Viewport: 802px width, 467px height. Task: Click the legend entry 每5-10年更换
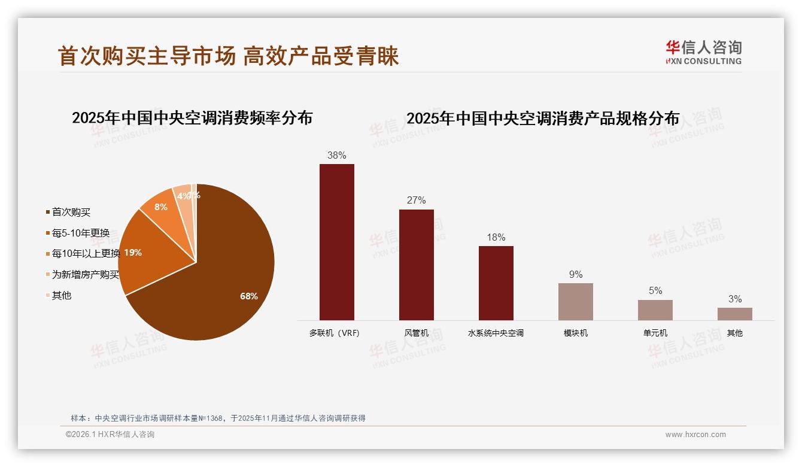coord(81,233)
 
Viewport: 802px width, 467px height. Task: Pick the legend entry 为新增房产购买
coord(85,275)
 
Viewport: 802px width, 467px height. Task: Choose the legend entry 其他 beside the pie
coord(62,295)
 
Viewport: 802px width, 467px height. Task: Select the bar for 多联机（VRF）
coord(336,242)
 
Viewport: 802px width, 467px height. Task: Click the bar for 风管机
coord(416,265)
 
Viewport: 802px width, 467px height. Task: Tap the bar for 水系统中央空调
coord(496,283)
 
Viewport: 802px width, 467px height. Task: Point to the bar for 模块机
coord(575,301)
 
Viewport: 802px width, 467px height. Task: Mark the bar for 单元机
coord(655,310)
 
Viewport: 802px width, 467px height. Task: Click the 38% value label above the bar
coord(336,155)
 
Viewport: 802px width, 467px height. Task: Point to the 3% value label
coord(734,299)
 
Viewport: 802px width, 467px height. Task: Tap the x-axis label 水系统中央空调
coord(496,333)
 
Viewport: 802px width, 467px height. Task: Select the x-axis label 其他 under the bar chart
coord(734,333)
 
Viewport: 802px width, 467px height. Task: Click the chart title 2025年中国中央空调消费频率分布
coord(192,118)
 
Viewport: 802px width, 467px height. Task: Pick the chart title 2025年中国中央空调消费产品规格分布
coord(543,119)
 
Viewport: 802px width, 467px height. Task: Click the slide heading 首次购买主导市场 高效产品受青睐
coord(228,56)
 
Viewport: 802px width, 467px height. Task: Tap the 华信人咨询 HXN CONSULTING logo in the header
coord(703,52)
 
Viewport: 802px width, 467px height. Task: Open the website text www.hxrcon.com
coord(695,435)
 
